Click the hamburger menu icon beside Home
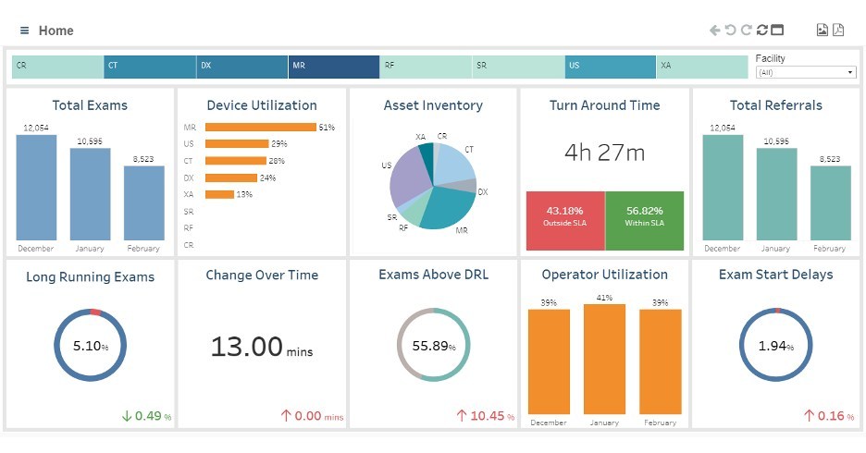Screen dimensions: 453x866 (25, 31)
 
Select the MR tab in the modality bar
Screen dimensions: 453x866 (333, 67)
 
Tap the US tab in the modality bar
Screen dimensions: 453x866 (610, 67)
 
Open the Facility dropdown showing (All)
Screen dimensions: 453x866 (806, 72)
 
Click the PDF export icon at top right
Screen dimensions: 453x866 (838, 31)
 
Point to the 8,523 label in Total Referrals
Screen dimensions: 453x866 (829, 159)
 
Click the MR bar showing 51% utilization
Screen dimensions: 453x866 (260, 128)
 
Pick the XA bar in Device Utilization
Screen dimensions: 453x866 (219, 194)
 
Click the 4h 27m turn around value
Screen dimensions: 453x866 (604, 153)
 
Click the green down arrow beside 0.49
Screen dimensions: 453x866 (127, 416)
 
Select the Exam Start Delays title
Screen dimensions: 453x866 (775, 275)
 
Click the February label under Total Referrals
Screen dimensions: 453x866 (829, 249)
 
